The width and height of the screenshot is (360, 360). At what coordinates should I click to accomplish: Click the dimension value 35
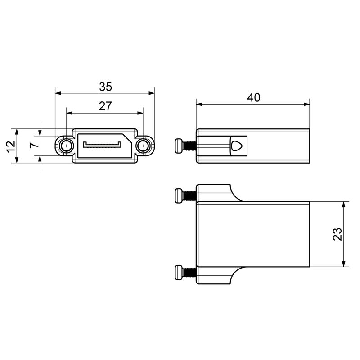click(x=105, y=86)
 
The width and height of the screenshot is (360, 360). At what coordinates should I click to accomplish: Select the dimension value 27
click(x=105, y=106)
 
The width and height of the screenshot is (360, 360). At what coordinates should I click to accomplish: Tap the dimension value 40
click(x=253, y=97)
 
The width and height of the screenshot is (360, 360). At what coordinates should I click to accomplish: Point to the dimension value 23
click(x=337, y=234)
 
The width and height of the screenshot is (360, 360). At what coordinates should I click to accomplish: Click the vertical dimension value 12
click(x=11, y=146)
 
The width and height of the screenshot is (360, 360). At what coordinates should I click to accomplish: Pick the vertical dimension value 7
click(x=32, y=146)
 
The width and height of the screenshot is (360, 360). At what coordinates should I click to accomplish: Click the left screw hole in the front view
click(x=67, y=146)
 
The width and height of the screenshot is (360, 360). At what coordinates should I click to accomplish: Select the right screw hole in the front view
click(x=143, y=146)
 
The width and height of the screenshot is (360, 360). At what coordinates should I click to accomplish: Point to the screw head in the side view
click(x=179, y=146)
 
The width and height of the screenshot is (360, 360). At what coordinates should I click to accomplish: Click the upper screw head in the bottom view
click(x=179, y=196)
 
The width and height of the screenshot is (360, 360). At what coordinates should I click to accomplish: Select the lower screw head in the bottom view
click(x=179, y=273)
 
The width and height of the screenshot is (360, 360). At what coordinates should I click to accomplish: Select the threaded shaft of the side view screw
click(x=190, y=146)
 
